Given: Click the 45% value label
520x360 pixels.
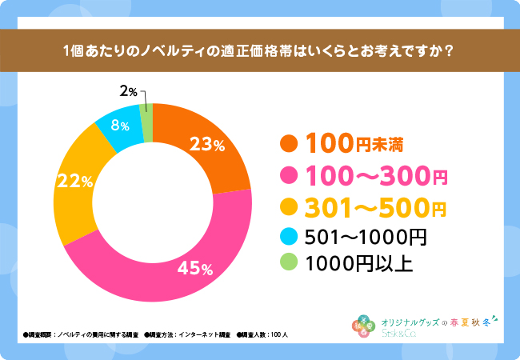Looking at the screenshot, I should pyautogui.click(x=195, y=266).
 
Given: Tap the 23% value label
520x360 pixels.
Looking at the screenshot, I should pyautogui.click(x=206, y=145).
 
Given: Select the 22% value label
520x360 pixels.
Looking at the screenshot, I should pyautogui.click(x=73, y=182).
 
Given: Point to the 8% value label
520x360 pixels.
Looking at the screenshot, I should pyautogui.click(x=120, y=126).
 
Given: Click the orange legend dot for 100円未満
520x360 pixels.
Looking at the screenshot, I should pyautogui.click(x=289, y=144).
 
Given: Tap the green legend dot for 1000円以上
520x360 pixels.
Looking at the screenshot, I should pyautogui.click(x=289, y=262).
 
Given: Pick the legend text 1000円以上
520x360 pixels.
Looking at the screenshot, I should pyautogui.click(x=359, y=262).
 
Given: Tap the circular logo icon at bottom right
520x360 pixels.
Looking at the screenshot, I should pyautogui.click(x=363, y=324).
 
